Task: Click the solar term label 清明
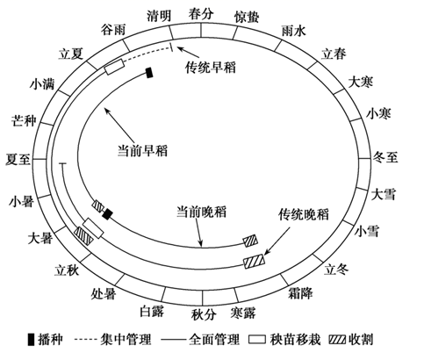pos(159,16)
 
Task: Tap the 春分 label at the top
pos(201,13)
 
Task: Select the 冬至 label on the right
pos(385,157)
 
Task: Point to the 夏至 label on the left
pos(18,160)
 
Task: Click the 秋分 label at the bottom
pos(204,314)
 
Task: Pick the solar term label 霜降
pos(300,293)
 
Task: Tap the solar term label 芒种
pos(24,120)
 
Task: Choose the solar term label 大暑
pos(40,238)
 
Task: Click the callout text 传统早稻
pos(211,68)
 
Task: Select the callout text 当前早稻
pos(142,151)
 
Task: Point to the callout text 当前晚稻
pos(201,212)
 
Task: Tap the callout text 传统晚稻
pos(304,214)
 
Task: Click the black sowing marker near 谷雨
pos(149,73)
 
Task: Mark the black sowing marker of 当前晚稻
pos(107,214)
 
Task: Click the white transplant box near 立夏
pos(114,67)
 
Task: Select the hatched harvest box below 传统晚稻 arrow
pos(255,261)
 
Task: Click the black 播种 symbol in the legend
pos(31,340)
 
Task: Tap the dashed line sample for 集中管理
pos(85,340)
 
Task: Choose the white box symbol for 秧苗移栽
pos(257,340)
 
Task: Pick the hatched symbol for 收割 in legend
pos(337,340)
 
